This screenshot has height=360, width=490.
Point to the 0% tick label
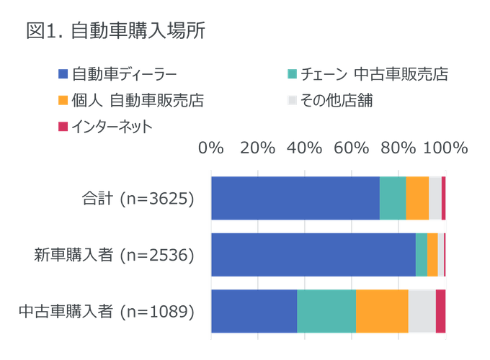[210, 148]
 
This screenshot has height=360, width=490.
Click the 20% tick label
[257, 148]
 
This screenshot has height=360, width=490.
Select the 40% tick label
[304, 148]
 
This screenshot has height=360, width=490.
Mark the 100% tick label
[445, 148]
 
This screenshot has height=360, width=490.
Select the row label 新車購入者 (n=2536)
[114, 255]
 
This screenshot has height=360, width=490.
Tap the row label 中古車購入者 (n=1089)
[106, 312]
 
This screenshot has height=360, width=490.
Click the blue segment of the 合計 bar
[295, 198]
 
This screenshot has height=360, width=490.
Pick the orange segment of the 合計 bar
[417, 198]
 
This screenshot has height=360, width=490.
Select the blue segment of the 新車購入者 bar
[313, 255]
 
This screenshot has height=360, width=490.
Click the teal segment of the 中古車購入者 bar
[326, 311]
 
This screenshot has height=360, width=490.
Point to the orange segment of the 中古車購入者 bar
[382, 311]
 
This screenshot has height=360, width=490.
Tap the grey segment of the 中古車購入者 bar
[422, 311]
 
